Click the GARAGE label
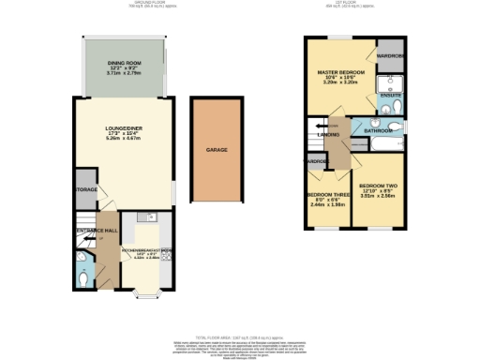[217, 149]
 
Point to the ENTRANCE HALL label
[96, 230]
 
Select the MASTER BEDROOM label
[340, 71]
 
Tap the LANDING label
[328, 136]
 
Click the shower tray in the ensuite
[387, 89]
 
